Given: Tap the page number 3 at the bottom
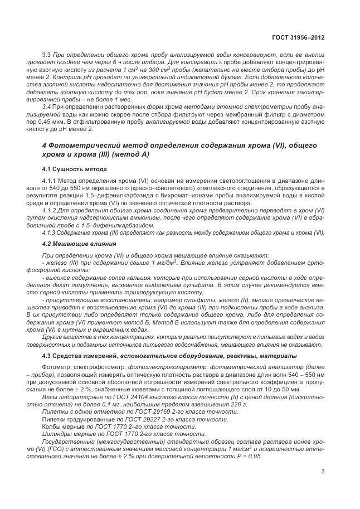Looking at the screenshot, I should [323, 472].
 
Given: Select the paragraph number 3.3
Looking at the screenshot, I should [47, 54].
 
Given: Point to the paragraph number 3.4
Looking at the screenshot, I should [47, 105].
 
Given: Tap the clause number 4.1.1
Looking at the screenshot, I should [50, 182].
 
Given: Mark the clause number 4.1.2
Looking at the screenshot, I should [50, 211].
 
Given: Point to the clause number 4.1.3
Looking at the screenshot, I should [50, 233].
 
